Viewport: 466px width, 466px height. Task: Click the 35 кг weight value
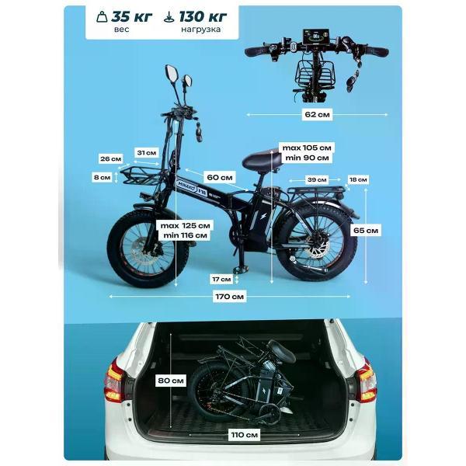(132, 16)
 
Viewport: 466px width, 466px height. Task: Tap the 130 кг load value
(203, 16)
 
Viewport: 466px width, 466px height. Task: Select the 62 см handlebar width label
(317, 114)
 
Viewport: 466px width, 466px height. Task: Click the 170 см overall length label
(229, 297)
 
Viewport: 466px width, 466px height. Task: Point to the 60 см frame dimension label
(220, 177)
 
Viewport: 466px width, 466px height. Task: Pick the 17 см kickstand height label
(221, 280)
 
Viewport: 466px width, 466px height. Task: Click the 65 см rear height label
(366, 231)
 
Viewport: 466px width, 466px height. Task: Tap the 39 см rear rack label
(317, 180)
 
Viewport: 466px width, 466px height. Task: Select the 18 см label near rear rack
(358, 179)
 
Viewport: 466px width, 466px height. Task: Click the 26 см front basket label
(110, 158)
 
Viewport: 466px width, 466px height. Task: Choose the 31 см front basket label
(147, 153)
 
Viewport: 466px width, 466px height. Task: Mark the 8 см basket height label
(102, 177)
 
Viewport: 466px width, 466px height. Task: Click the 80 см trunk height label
(171, 381)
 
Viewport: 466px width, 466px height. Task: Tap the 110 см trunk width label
(245, 435)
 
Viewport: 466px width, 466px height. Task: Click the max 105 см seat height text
(307, 148)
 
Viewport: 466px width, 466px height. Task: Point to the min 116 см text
(185, 235)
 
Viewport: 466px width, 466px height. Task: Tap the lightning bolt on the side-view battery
(263, 217)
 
